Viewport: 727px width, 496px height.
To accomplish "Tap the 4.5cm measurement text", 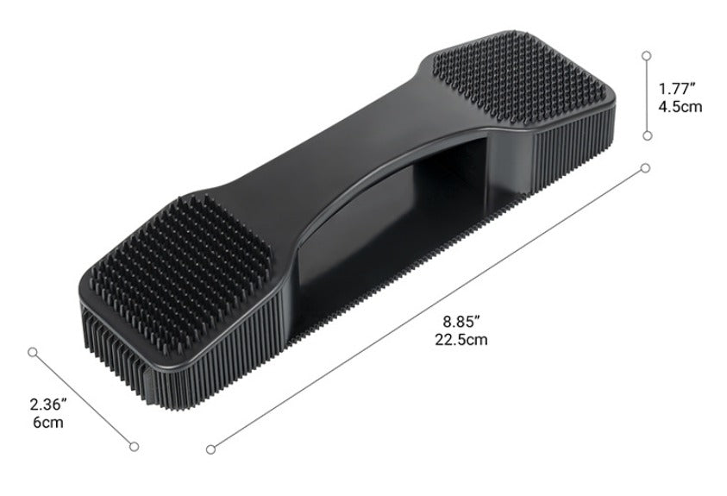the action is pos(680,107).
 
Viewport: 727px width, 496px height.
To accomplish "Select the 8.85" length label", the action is pos(461,321).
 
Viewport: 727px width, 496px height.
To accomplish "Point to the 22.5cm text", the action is pos(461,340).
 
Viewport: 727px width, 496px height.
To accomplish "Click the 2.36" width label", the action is pos(48,405).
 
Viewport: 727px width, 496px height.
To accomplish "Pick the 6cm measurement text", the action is pos(48,423).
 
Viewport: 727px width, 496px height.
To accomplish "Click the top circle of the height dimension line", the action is pos(647,55).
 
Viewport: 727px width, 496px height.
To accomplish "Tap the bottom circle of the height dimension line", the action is pos(648,135).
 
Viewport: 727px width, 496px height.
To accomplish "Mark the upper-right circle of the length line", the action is pos(645,168).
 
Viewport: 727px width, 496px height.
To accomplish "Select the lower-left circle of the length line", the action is pos(211,449).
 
